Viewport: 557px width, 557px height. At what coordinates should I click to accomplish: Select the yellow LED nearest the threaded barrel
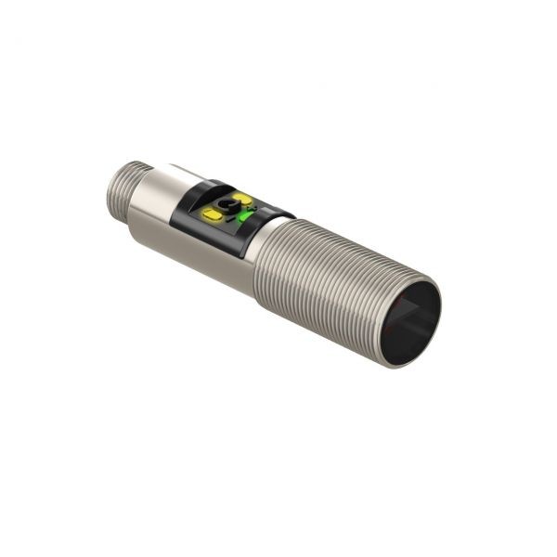[x=242, y=199]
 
